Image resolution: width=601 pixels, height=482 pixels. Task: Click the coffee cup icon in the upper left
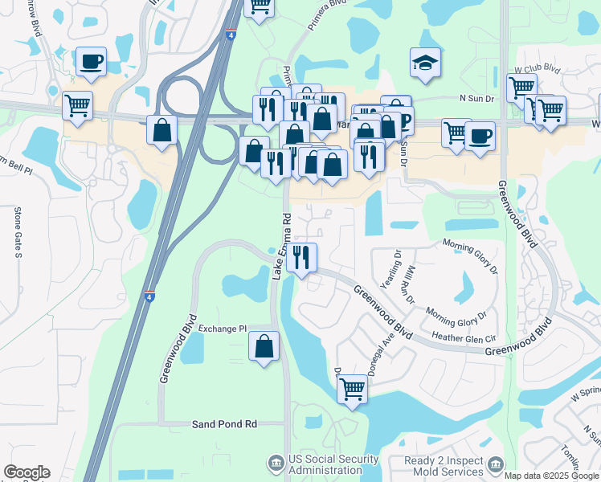pyautogui.click(x=90, y=62)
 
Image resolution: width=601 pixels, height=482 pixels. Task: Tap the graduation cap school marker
pyautogui.click(x=424, y=63)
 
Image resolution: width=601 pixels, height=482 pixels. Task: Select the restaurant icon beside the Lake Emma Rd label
pyautogui.click(x=302, y=258)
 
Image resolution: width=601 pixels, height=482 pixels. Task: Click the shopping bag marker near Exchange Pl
pyautogui.click(x=264, y=346)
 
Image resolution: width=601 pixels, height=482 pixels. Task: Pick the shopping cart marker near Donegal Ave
pyautogui.click(x=352, y=390)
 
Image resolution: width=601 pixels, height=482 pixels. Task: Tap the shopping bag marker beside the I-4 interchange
pyautogui.click(x=161, y=130)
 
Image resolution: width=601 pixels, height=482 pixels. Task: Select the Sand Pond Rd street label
pyautogui.click(x=224, y=423)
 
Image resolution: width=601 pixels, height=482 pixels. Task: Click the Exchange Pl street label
pyautogui.click(x=223, y=329)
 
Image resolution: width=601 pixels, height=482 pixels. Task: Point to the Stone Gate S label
pyautogui.click(x=18, y=232)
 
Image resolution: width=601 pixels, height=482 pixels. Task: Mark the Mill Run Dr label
pyautogui.click(x=409, y=285)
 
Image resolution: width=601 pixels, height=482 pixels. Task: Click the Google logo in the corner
pyautogui.click(x=27, y=472)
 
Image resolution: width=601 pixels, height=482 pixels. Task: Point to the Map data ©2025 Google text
pyautogui.click(x=551, y=476)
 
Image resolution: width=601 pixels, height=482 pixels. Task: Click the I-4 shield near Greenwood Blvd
pyautogui.click(x=150, y=296)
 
